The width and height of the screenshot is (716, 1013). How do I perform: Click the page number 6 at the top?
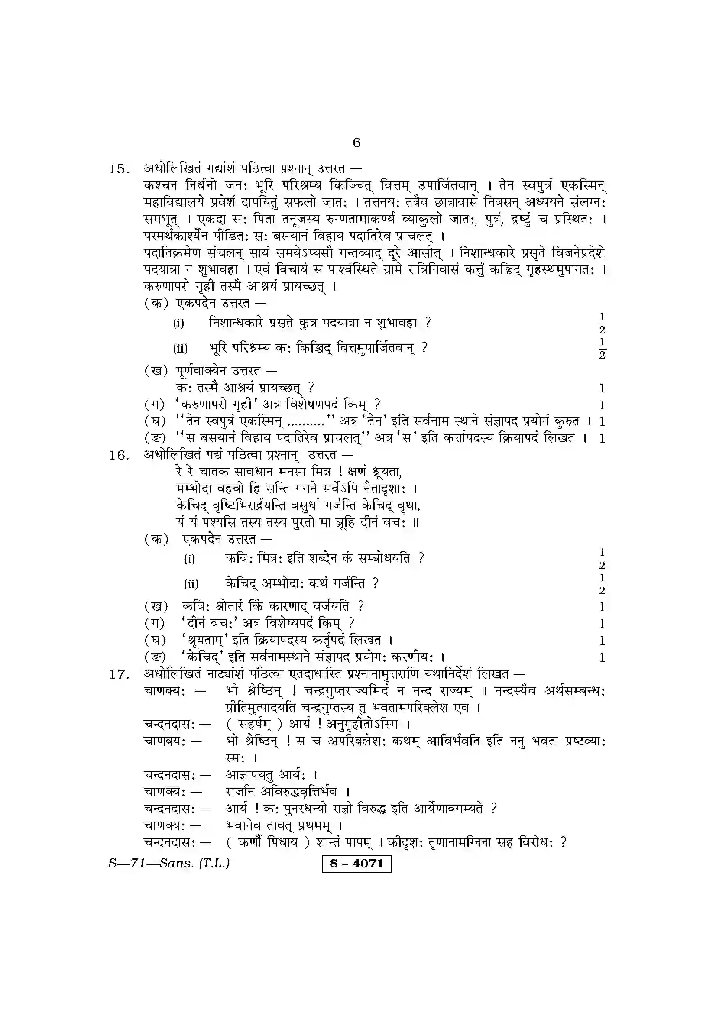356,142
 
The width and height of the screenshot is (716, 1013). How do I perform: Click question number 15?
119,169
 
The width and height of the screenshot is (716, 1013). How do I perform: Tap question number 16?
119,455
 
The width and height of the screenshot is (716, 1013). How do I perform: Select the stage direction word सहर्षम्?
256,725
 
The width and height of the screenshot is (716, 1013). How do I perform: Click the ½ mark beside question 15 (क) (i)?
602,324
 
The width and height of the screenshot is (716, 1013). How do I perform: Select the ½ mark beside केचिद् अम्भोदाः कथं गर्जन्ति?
602,584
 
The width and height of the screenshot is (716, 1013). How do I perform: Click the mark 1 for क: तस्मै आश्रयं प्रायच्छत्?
602,388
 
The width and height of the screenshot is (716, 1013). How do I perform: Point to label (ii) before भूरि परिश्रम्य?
180,349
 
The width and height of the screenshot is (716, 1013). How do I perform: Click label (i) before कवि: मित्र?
189,559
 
